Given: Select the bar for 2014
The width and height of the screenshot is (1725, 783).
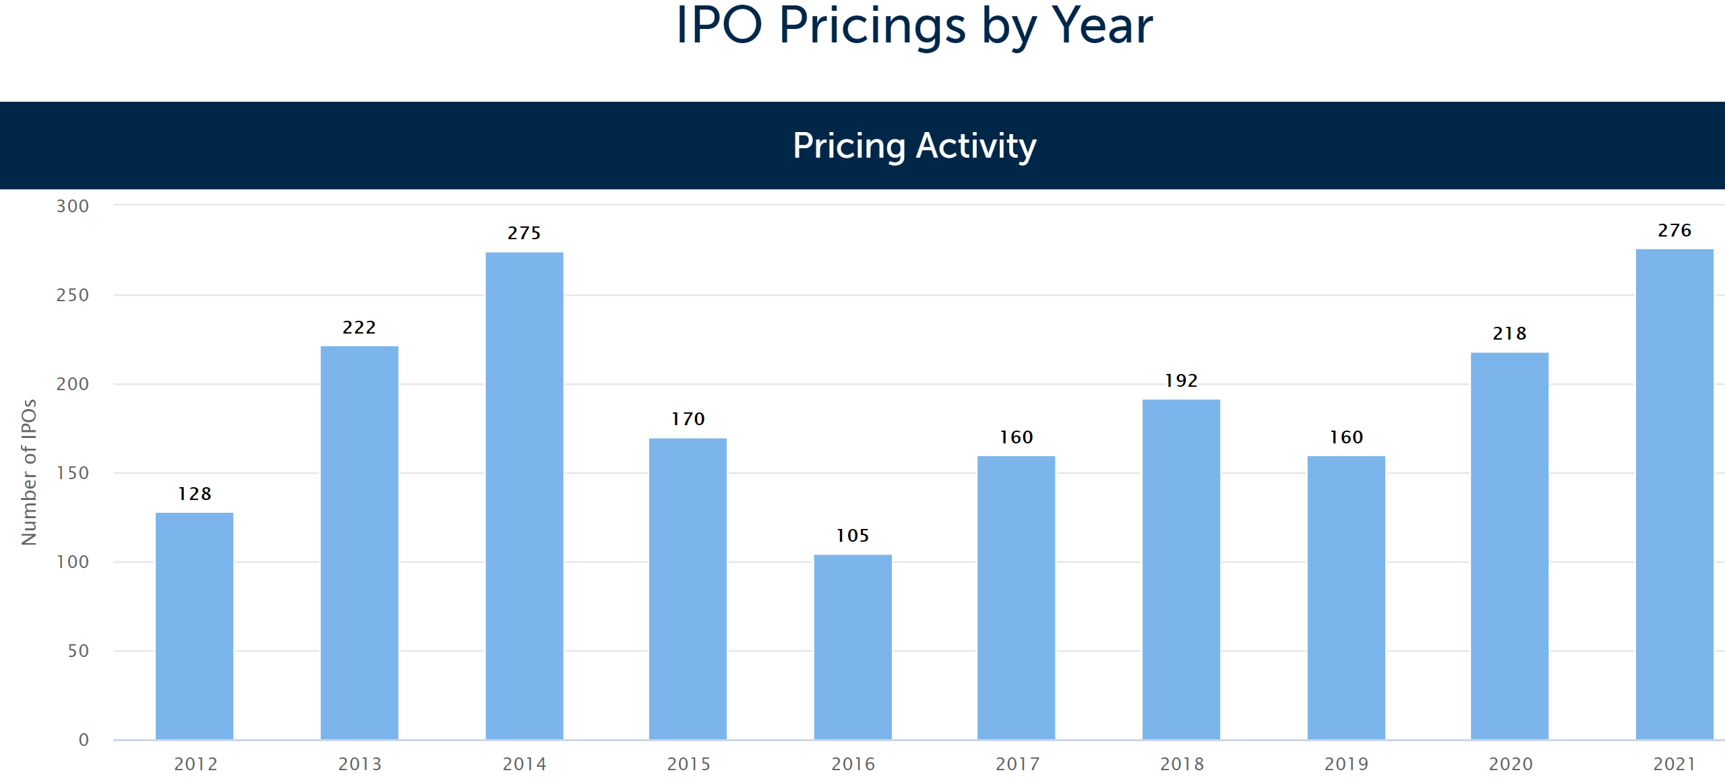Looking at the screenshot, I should click(524, 495).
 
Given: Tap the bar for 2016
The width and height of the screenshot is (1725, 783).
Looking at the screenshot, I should click(852, 647).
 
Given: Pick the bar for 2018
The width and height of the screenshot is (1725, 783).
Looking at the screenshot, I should click(1180, 569).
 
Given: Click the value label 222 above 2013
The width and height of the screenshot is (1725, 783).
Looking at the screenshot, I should click(359, 327).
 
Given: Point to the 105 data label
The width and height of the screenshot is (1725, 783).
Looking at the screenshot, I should click(852, 536).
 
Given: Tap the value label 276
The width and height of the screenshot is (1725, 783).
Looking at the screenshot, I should click(1674, 230).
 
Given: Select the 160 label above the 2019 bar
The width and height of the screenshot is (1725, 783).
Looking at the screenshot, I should click(1345, 437).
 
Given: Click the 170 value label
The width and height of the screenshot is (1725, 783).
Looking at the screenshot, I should click(688, 419).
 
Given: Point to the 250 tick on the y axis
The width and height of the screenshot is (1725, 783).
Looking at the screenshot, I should click(73, 295).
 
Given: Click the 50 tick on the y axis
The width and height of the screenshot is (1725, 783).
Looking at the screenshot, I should click(78, 651).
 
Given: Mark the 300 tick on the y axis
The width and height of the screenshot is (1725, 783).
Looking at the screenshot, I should click(73, 206).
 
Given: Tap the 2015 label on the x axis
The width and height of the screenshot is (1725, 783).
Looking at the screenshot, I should click(688, 764).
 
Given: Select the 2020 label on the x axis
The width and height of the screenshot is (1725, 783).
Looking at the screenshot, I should click(1510, 764).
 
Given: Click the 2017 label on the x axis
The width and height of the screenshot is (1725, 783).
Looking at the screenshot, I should click(1017, 764).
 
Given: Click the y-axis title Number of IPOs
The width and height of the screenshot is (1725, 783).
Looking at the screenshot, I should click(28, 472).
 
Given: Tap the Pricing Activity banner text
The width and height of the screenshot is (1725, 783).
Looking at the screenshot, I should click(914, 146).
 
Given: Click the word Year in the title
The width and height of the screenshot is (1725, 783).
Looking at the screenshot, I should click(1101, 27).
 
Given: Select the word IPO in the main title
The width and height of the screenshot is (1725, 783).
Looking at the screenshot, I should click(719, 27).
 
